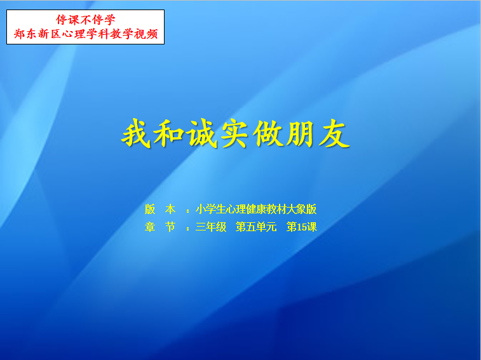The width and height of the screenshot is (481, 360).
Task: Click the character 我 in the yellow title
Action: click(137, 133)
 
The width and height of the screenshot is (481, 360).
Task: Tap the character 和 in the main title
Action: click(169, 133)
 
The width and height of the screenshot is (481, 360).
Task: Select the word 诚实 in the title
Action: click(218, 133)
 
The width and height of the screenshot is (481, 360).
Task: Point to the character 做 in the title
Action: click(268, 133)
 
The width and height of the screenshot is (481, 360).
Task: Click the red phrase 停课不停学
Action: click(85, 20)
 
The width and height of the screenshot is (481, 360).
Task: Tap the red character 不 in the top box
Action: click(86, 20)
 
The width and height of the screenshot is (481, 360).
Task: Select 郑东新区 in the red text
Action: click(37, 34)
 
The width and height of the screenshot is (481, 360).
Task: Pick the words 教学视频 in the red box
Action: click(133, 34)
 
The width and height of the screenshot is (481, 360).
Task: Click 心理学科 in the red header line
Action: click(86, 34)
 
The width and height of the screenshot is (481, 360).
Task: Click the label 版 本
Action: click(160, 209)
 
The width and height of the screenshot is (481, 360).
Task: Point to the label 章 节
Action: click(160, 227)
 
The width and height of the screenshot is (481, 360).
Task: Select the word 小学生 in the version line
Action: click(210, 209)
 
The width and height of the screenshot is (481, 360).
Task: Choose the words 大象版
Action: click(302, 209)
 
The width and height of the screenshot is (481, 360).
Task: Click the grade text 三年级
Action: click(211, 227)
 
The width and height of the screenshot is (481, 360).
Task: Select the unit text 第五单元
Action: click(256, 227)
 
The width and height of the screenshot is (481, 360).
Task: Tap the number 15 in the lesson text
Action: click(302, 227)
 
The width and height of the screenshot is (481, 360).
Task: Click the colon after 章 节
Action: click(187, 229)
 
